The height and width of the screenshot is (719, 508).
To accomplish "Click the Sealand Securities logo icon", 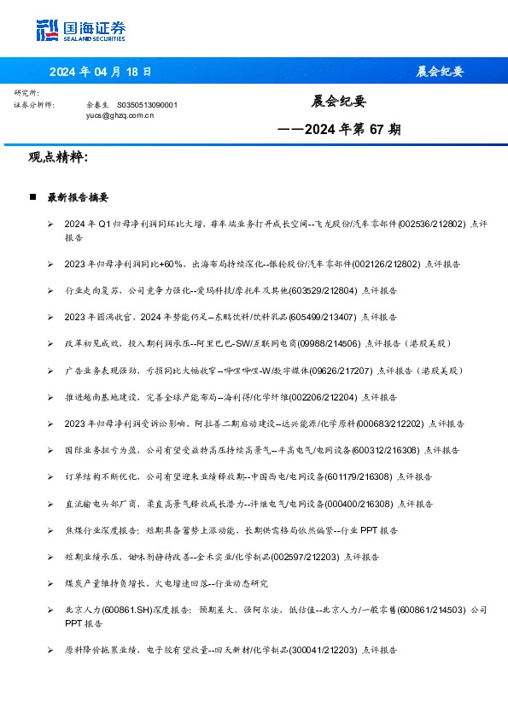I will click(48, 29).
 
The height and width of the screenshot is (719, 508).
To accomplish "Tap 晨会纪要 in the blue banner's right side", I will click(441, 72).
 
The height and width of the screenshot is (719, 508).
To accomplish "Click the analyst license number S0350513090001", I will click(147, 104).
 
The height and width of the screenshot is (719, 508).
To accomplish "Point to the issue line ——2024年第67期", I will click(339, 131).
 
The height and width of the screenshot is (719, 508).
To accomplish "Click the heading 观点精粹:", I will click(58, 158).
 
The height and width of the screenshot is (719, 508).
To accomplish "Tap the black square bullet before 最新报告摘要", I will click(32, 197).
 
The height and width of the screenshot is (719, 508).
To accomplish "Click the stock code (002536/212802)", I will click(431, 224).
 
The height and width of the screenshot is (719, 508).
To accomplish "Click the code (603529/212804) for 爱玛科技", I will click(324, 290).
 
